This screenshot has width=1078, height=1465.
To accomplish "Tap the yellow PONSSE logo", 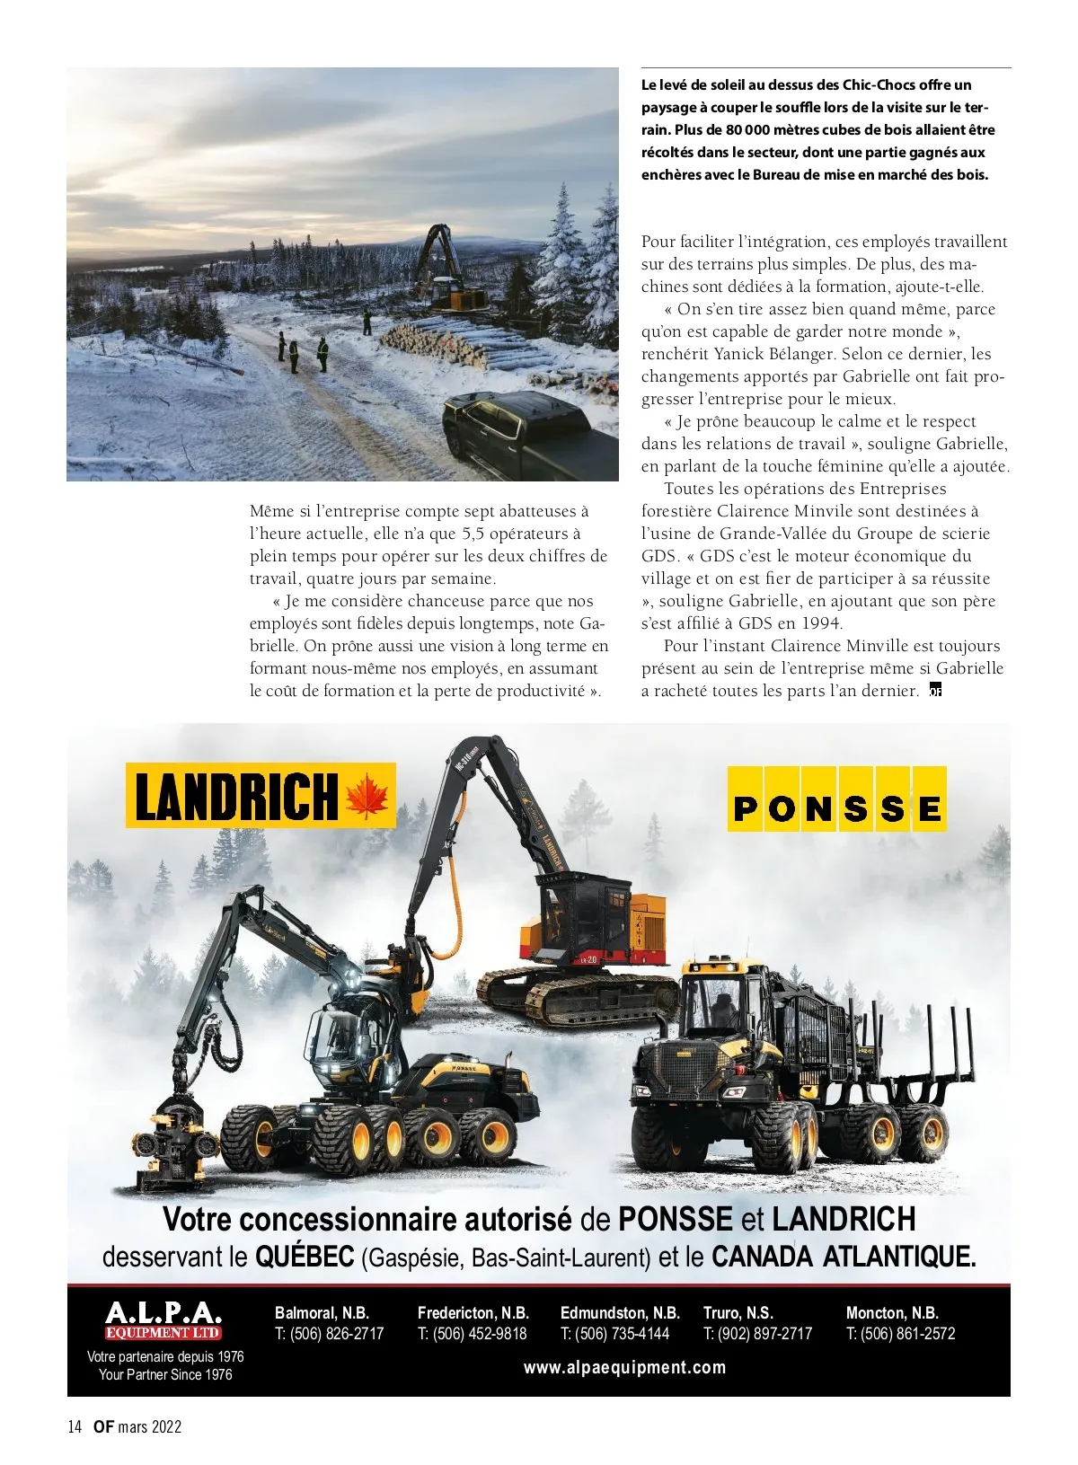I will tap(836, 799).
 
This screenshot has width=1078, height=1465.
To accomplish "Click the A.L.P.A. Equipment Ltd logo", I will tap(163, 1320).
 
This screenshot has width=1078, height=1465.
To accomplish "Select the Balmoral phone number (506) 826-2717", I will tap(330, 1334).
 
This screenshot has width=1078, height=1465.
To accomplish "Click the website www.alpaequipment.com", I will tap(624, 1367).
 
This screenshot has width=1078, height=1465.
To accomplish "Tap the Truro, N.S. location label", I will tap(738, 1312).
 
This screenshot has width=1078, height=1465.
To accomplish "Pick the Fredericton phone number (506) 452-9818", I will tap(473, 1334).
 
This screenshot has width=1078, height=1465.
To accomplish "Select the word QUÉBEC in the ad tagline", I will tap(305, 1257).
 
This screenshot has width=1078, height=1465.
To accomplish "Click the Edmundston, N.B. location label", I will tap(620, 1312).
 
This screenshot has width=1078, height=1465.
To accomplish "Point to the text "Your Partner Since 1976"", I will tap(165, 1374).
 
